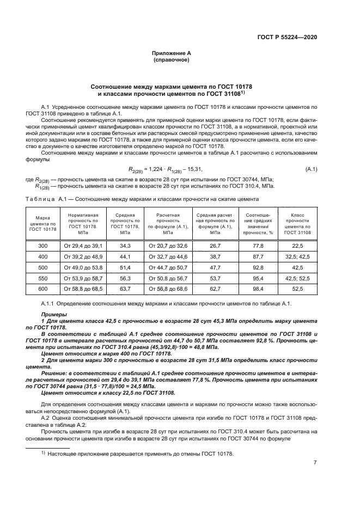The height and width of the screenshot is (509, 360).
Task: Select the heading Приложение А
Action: click(171, 54)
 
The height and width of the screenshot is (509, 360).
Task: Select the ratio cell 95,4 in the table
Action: click(258, 277)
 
